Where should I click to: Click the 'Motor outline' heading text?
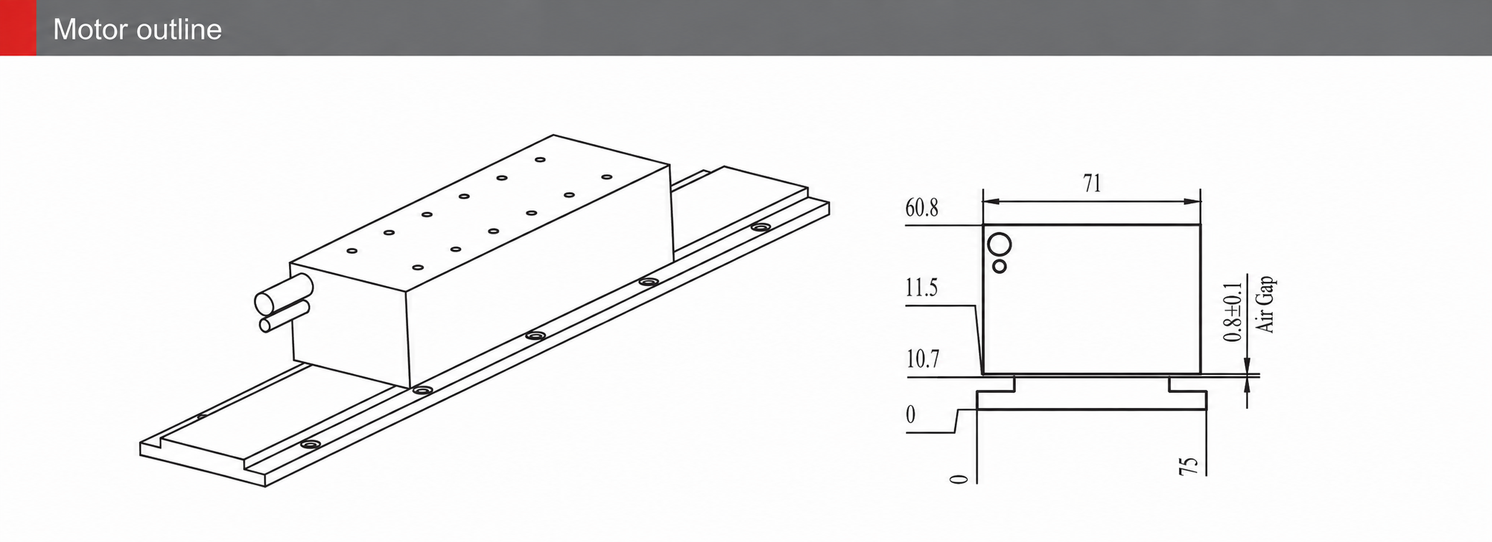138,29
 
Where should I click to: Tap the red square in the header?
18,28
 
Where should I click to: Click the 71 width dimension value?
1092,184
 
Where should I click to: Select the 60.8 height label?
921,208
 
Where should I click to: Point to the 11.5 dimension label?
921,288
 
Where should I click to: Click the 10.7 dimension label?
923,359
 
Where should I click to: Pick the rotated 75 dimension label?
1188,465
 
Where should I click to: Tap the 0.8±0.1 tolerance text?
1232,312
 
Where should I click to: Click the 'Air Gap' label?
1266,304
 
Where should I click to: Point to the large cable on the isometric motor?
284,295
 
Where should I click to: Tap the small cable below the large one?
285,317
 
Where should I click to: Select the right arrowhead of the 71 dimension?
1193,201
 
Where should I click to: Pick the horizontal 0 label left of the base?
911,415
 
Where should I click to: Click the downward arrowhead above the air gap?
1248,365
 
